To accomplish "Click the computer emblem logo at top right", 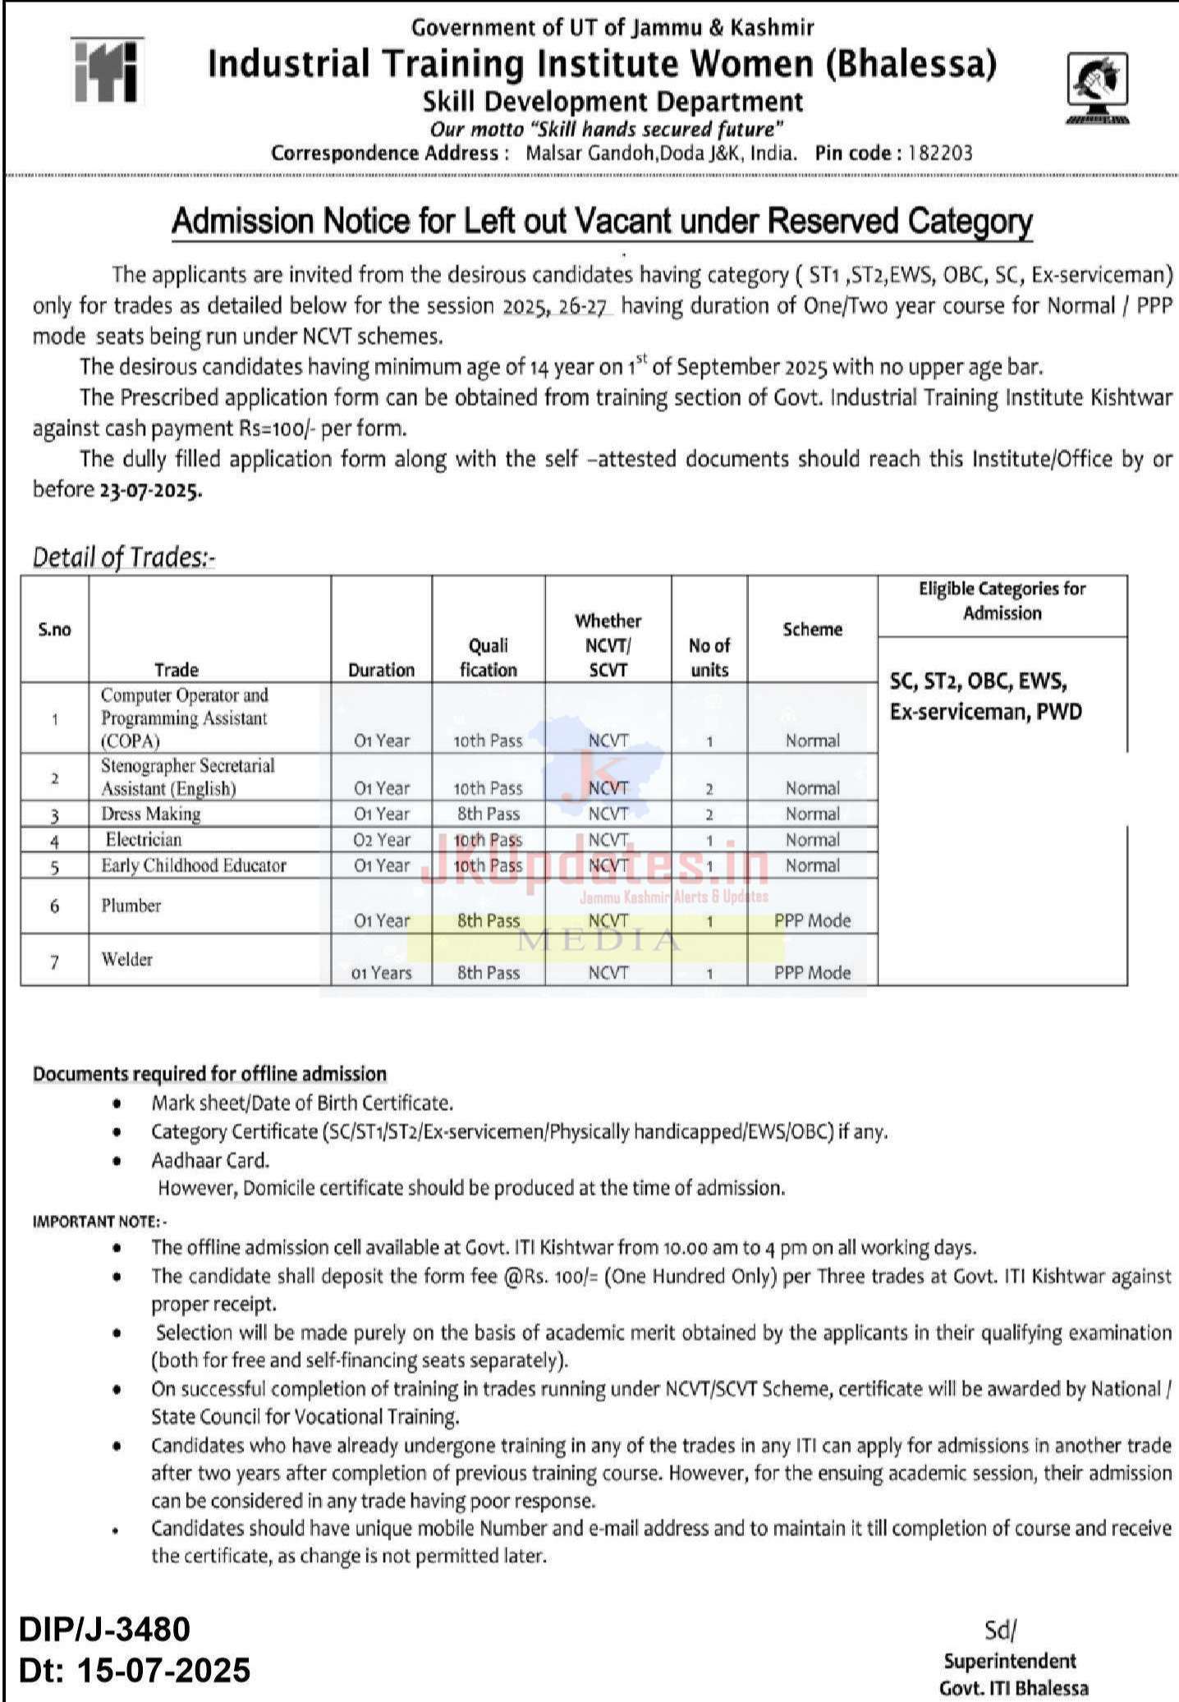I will tap(1097, 88).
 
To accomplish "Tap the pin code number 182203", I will tap(939, 153).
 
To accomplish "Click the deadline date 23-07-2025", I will tap(149, 490).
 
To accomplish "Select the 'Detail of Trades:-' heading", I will tap(123, 557).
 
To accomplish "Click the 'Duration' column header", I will tap(381, 669).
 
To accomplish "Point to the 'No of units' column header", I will tap(709, 657).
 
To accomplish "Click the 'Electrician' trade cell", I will tap(144, 839).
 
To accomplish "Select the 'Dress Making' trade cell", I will tap(151, 814).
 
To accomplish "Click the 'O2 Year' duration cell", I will tap(382, 840).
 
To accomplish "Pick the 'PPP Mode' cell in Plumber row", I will tap(812, 920).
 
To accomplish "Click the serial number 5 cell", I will tap(54, 866).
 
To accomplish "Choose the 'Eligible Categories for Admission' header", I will tap(1002, 600).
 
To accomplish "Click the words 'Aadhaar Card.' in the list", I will tap(210, 1160).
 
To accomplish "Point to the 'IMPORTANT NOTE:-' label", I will tap(99, 1221).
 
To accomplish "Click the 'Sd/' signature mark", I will tap(1000, 1630).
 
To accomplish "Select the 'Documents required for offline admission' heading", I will tap(209, 1074).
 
